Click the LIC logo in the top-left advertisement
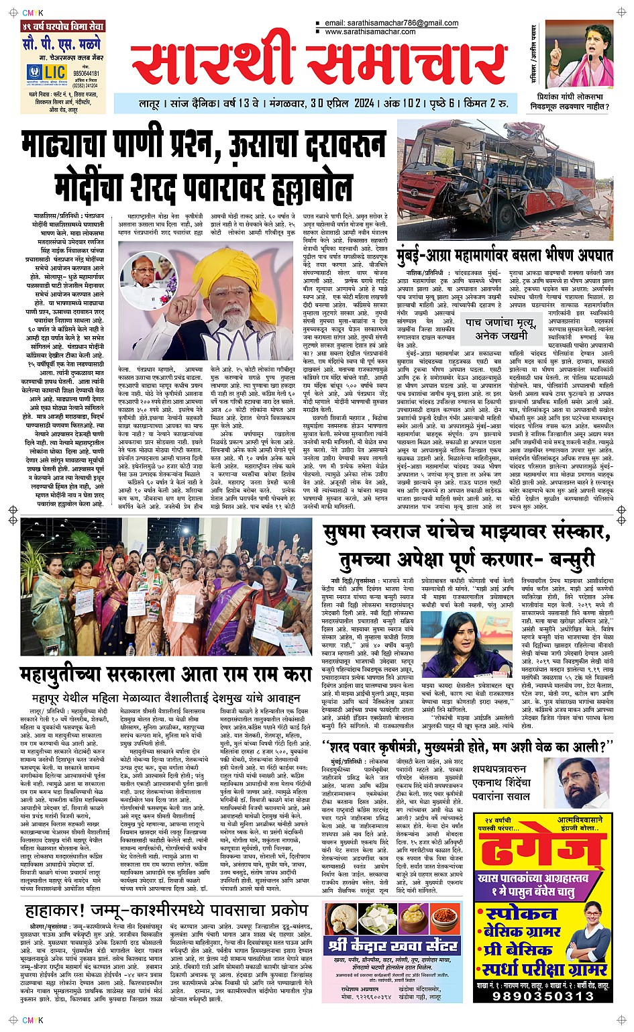53,73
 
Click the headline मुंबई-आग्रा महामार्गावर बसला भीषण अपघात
505,255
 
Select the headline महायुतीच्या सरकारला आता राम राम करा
166,672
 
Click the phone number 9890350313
543,996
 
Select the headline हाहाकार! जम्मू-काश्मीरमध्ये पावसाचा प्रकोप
166,911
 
